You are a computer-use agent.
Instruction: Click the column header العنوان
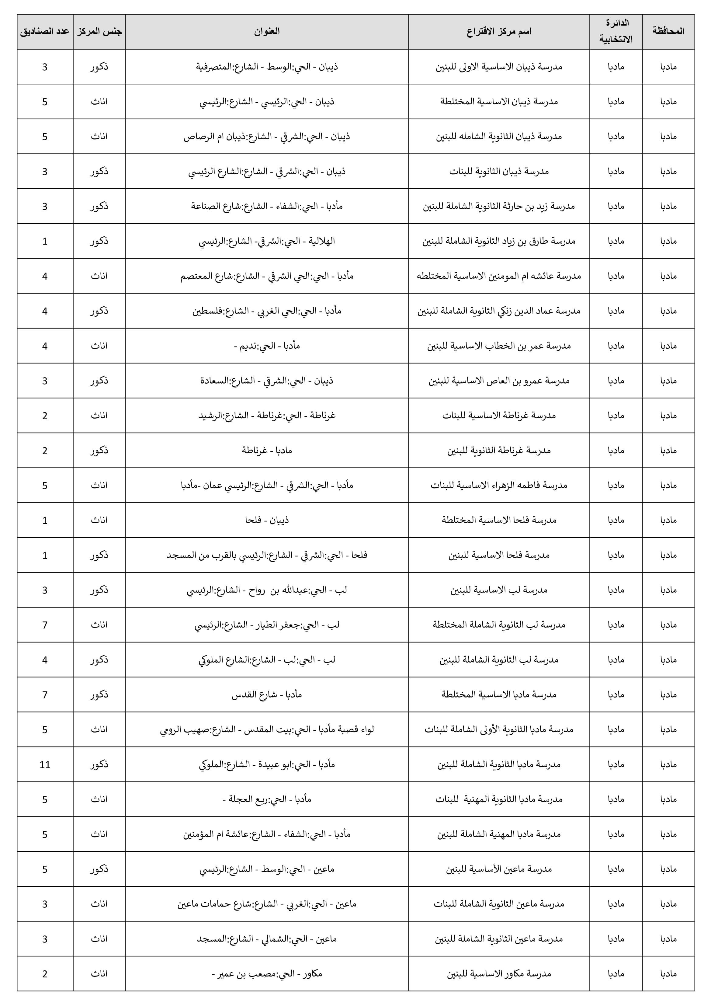pos(267,31)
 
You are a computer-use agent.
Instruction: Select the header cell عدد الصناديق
pos(45,31)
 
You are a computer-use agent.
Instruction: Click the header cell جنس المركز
pos(99,31)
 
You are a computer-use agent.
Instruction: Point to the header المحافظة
pos(668,31)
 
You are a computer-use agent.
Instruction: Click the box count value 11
pos(45,764)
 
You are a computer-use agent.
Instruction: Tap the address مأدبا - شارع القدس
pos(267,694)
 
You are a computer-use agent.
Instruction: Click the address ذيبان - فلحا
pos(267,520)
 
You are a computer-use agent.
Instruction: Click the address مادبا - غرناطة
pos(267,451)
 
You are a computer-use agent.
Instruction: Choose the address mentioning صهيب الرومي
pos(267,729)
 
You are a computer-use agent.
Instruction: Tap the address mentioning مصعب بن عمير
pos(267,974)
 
